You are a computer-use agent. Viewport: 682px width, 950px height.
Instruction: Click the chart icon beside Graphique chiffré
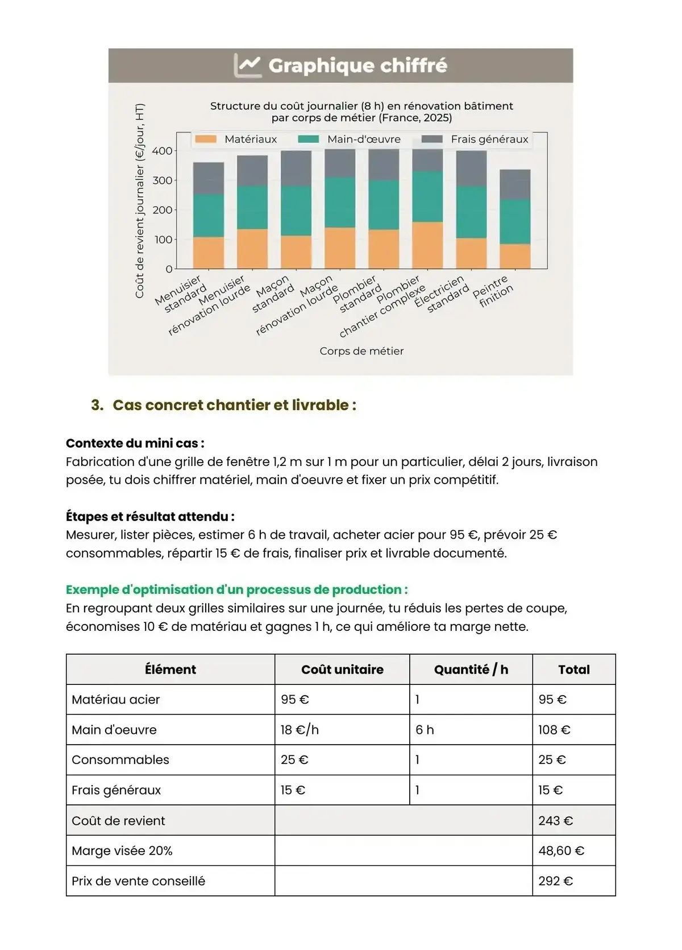247,65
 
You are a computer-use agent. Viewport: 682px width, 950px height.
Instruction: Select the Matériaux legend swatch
206,139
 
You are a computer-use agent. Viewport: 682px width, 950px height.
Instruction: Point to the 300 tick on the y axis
162,180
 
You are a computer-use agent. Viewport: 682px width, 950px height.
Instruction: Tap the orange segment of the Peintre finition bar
515,256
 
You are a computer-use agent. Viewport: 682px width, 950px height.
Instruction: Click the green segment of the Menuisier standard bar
208,216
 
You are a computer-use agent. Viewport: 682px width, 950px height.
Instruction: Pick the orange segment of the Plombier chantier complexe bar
427,245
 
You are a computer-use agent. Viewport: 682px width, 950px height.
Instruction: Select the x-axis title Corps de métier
361,351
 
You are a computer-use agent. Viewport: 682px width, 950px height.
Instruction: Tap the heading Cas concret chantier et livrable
234,405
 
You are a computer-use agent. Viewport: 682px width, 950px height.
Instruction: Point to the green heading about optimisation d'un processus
236,589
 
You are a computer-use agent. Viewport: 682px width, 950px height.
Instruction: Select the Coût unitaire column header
342,670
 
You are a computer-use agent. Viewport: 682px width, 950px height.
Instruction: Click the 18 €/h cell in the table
300,730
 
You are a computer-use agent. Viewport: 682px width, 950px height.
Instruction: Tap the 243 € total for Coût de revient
555,821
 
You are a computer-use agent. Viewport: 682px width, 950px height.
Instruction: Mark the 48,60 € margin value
561,851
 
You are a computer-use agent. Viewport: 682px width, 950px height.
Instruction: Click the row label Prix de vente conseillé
138,881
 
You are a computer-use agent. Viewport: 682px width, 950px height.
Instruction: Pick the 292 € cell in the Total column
555,881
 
